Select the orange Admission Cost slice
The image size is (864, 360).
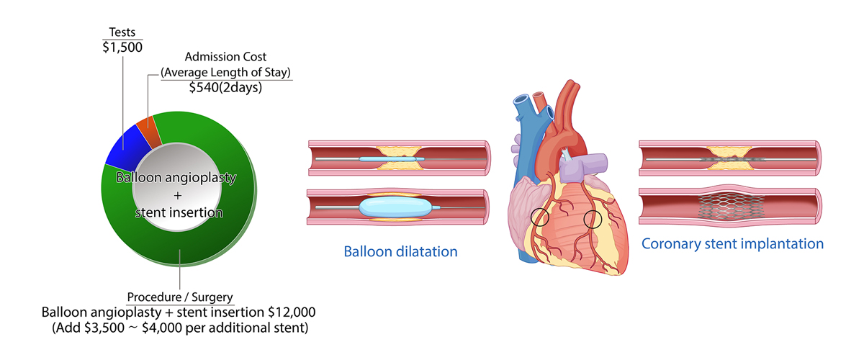click(x=147, y=130)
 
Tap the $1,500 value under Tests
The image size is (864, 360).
click(x=122, y=47)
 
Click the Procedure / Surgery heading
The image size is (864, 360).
click(x=179, y=297)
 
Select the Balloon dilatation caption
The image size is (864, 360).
click(x=401, y=252)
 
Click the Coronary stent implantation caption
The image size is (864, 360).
click(x=732, y=243)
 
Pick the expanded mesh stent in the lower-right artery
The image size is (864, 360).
click(x=729, y=206)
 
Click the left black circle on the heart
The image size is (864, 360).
click(x=541, y=217)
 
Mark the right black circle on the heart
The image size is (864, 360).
click(x=593, y=220)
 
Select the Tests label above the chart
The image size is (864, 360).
click(x=122, y=32)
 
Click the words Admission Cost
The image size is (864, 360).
click(x=226, y=56)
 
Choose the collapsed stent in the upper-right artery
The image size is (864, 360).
click(x=728, y=155)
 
